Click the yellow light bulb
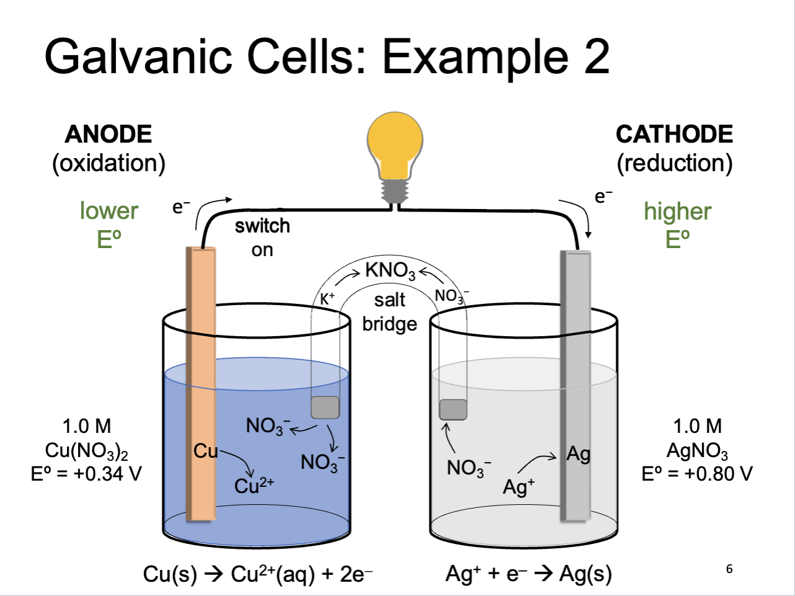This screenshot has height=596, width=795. tap(395, 158)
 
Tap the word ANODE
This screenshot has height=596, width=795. tap(108, 134)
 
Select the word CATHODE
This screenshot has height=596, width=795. tap(674, 134)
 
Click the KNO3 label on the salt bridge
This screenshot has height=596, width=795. tap(390, 270)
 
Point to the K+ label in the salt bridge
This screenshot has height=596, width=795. tap(327, 299)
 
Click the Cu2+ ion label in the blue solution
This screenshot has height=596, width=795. tap(254, 486)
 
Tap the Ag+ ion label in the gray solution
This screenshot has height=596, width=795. tap(519, 486)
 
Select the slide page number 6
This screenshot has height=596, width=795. tap(729, 569)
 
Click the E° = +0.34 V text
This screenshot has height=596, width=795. tap(86, 473)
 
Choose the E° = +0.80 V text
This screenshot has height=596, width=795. tap(697, 473)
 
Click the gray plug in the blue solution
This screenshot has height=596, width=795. tap(325, 407)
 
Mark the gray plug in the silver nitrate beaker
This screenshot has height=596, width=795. tap(453, 410)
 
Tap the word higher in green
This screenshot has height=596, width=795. tap(677, 211)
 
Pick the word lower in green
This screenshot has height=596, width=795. tap(109, 211)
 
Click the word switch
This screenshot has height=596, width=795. tap(263, 226)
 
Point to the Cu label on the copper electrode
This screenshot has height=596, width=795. tap(205, 451)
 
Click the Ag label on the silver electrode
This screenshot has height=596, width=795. tap(578, 455)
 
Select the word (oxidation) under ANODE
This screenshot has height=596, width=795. tap(108, 164)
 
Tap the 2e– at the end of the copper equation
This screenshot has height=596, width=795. tap(356, 574)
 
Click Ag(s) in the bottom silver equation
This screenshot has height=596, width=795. tap(586, 575)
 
